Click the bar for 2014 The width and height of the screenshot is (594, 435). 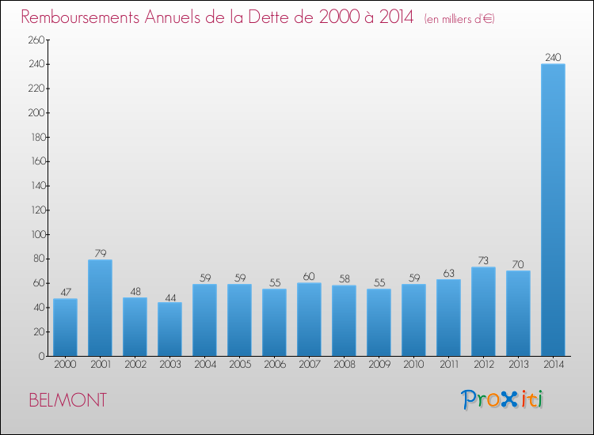pyautogui.click(x=553, y=210)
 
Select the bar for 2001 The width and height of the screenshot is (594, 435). pyautogui.click(x=100, y=308)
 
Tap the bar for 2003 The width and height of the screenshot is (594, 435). pyautogui.click(x=169, y=329)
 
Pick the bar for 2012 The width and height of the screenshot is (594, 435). pyautogui.click(x=483, y=311)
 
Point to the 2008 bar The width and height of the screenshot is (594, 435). pyautogui.click(x=344, y=320)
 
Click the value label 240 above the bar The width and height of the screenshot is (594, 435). pyautogui.click(x=553, y=57)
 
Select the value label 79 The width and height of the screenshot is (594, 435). pyautogui.click(x=100, y=253)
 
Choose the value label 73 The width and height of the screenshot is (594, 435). pyautogui.click(x=483, y=260)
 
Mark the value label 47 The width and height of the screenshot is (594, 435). pyautogui.click(x=65, y=292)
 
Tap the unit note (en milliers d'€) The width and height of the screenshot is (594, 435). pyautogui.click(x=459, y=18)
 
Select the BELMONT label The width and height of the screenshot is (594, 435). pyautogui.click(x=67, y=400)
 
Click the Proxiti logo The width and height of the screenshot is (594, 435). pyautogui.click(x=503, y=399)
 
